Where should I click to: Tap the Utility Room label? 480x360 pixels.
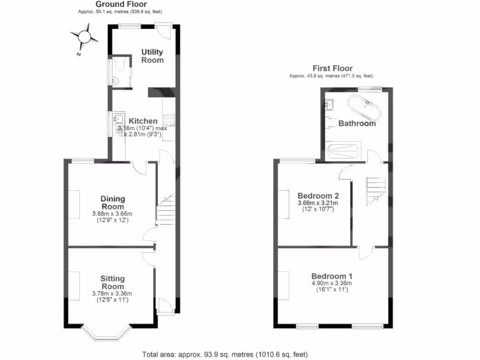(153, 56)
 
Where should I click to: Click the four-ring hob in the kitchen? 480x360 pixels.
(169, 120)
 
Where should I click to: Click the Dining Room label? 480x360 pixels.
(112, 202)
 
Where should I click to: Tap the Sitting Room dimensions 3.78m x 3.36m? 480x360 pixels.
(112, 294)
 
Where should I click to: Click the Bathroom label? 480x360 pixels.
(357, 124)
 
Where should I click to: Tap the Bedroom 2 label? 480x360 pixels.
(318, 195)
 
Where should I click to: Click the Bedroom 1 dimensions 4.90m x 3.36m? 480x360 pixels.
(332, 283)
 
